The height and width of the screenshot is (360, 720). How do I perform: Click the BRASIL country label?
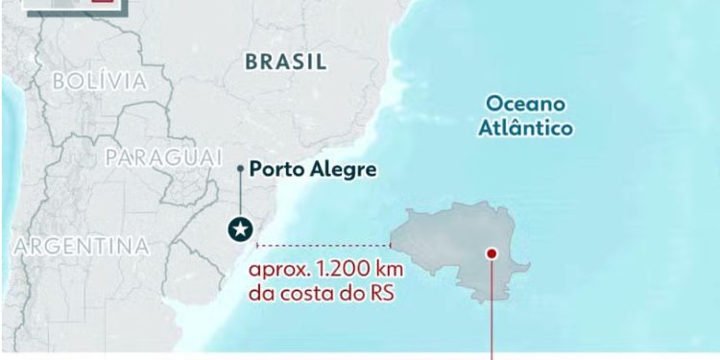coord(286,62)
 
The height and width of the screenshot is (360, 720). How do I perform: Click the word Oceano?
coord(525,104)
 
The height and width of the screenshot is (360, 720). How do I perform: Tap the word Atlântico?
coord(528,128)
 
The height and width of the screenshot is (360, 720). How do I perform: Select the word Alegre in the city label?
coord(342,170)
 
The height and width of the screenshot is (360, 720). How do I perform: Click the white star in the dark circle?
coord(239,229)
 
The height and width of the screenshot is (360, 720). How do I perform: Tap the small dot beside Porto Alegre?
coord(240,169)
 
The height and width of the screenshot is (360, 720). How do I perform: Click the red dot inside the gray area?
coord(492,253)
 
